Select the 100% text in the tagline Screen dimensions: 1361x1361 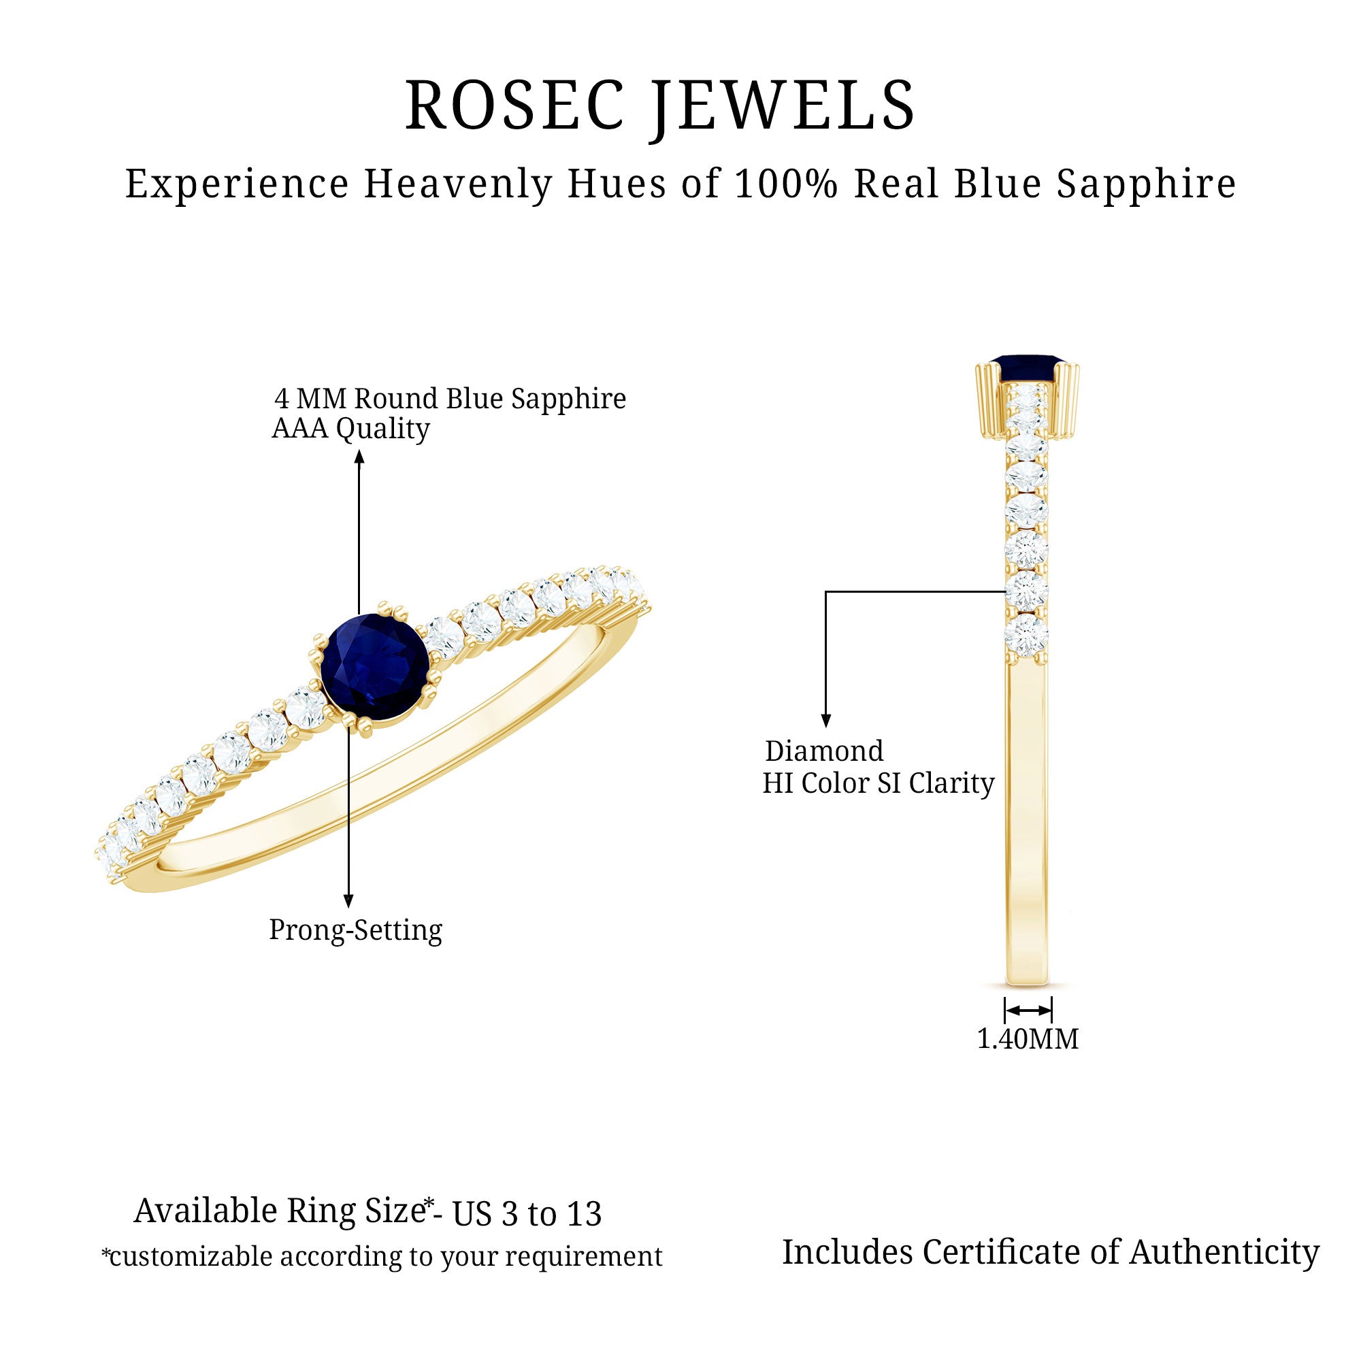point(785,184)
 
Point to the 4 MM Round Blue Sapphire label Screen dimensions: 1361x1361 point(450,399)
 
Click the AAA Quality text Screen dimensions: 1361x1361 point(351,428)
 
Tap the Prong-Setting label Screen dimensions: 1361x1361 point(356,930)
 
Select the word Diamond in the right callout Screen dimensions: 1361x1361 point(824,751)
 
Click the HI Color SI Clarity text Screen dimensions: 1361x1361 point(879,783)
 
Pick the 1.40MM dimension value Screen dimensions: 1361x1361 point(1028,1039)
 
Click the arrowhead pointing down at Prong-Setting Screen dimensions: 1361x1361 point(348,901)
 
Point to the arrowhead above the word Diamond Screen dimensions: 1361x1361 point(826,721)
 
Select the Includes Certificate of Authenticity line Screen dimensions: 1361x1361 point(1050,1253)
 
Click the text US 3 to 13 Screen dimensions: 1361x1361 point(527,1214)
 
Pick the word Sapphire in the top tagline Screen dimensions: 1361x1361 point(1146,184)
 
